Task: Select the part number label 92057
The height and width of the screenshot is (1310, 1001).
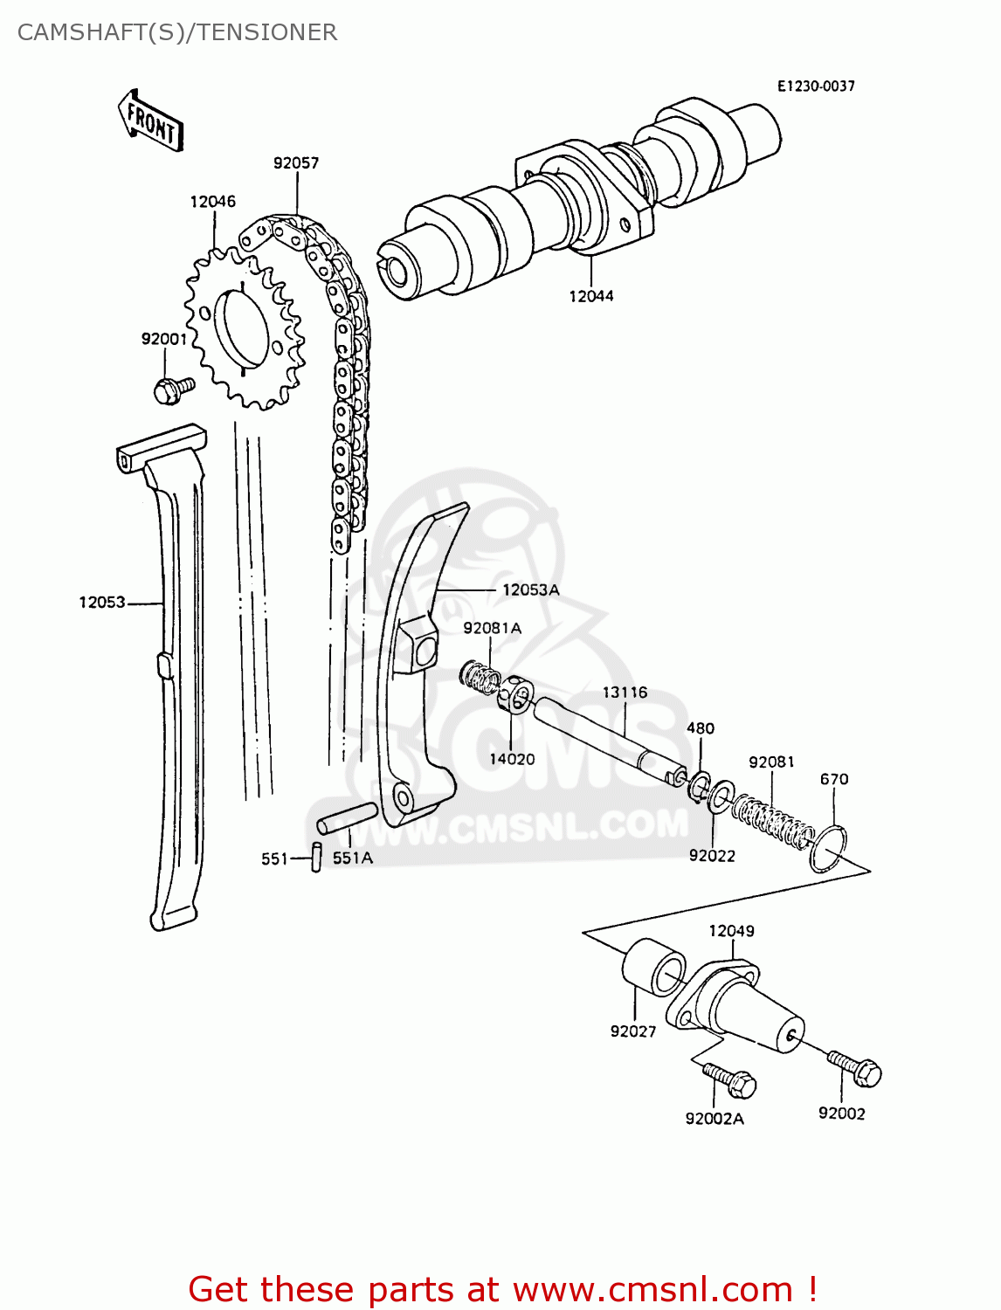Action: point(296,163)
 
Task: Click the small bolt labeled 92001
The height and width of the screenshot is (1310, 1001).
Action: point(171,388)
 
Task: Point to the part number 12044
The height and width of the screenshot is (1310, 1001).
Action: point(591,296)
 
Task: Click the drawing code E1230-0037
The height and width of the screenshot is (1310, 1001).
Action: point(816,86)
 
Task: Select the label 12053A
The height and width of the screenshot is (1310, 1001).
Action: point(530,590)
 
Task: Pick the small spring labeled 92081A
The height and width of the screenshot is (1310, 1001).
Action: point(480,676)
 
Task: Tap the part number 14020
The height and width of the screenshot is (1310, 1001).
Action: point(512,759)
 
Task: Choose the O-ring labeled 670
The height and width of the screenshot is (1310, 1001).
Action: point(828,848)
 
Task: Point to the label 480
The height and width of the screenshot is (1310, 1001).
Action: point(700,728)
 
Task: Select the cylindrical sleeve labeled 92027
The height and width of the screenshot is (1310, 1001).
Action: point(653,967)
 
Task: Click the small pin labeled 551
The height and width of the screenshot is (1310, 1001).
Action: point(317,857)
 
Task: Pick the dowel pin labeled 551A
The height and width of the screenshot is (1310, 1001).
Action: point(347,817)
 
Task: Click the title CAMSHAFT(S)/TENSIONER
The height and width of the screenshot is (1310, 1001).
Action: point(177,32)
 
